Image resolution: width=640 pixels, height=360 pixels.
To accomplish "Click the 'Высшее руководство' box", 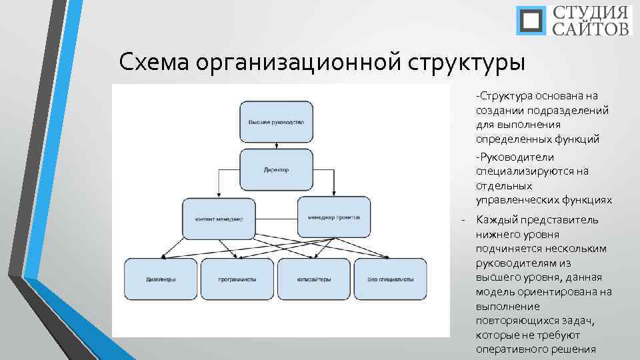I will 276,122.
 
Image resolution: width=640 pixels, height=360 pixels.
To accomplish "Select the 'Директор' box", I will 276,169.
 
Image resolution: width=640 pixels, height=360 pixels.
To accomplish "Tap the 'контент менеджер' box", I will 219,219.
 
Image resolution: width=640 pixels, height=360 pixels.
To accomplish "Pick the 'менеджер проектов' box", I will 334,217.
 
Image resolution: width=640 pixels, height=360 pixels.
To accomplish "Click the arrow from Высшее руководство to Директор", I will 276,145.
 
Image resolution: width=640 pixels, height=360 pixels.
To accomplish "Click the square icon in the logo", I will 531,21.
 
